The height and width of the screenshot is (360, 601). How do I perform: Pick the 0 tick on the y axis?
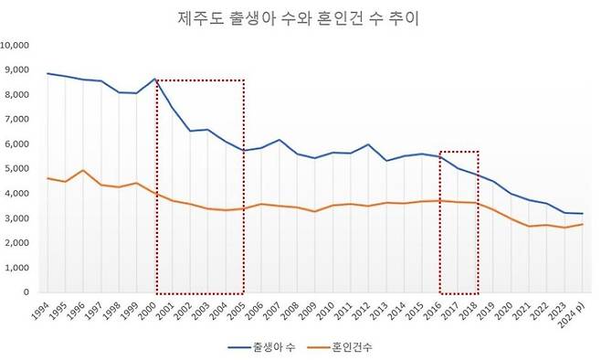[28, 292]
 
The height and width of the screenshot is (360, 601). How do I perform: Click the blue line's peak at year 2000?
[155, 79]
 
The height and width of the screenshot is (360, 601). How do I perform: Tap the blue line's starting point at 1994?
[47, 73]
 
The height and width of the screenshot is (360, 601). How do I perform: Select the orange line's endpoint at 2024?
[582, 224]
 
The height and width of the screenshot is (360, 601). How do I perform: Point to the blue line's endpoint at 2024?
[582, 214]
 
